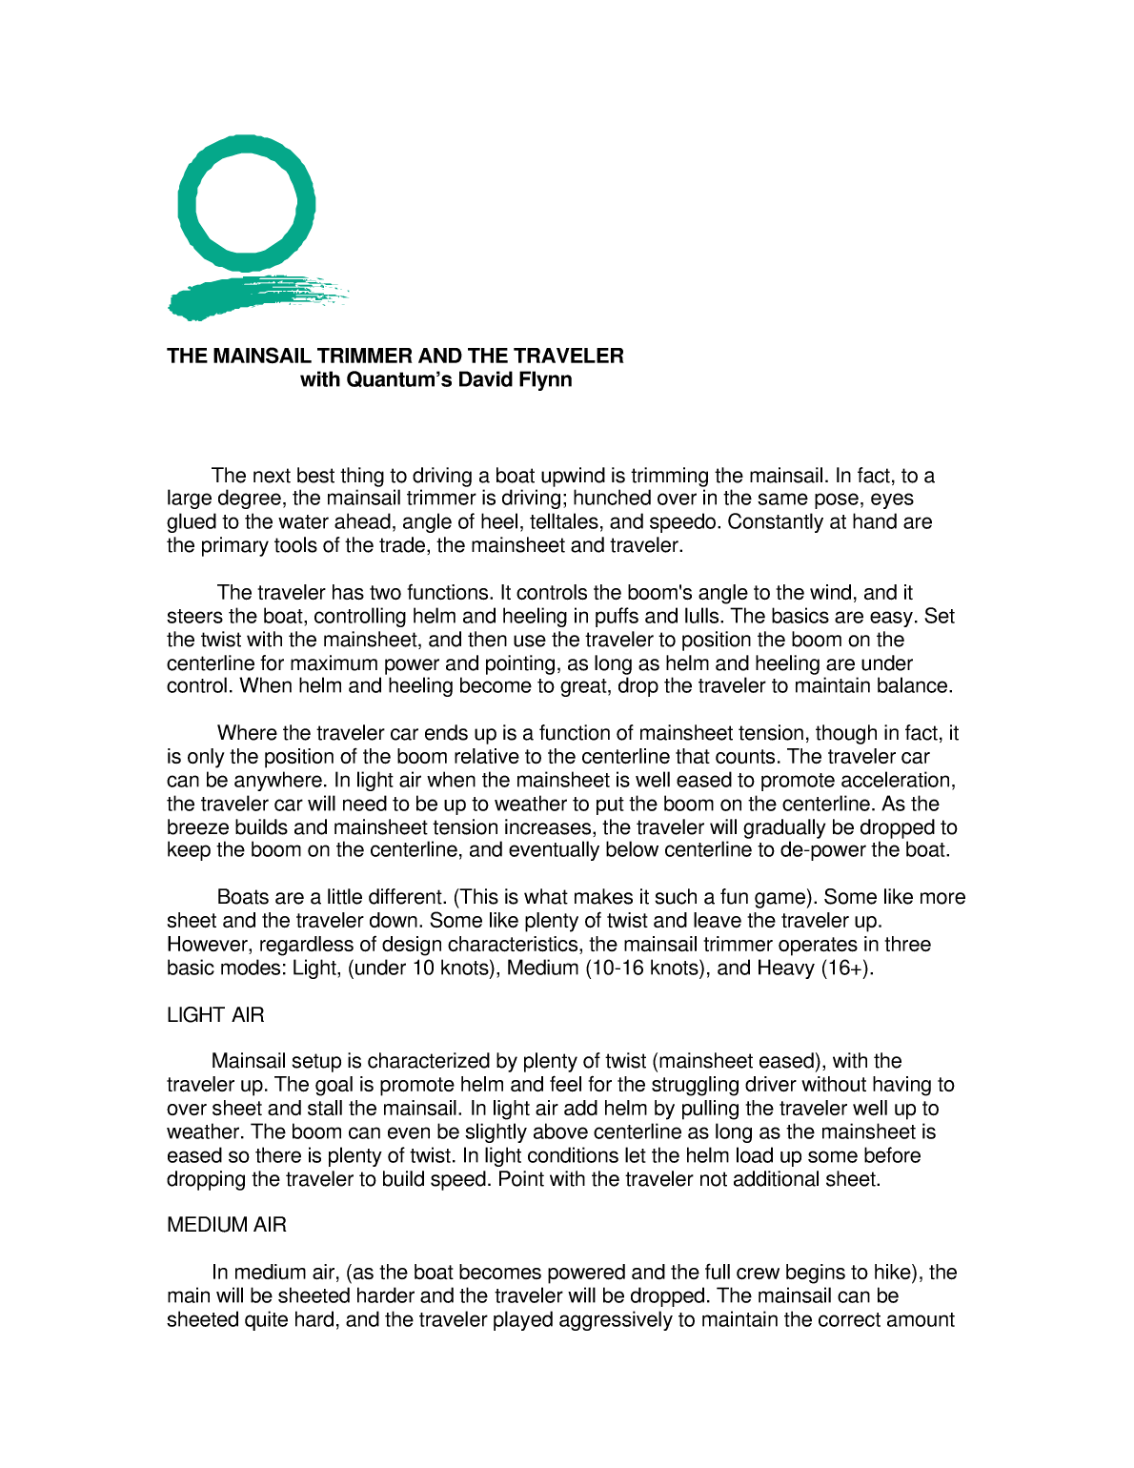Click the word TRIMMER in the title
(x=365, y=357)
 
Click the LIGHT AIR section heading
(x=215, y=1015)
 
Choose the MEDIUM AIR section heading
(x=227, y=1225)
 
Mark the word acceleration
(x=897, y=781)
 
